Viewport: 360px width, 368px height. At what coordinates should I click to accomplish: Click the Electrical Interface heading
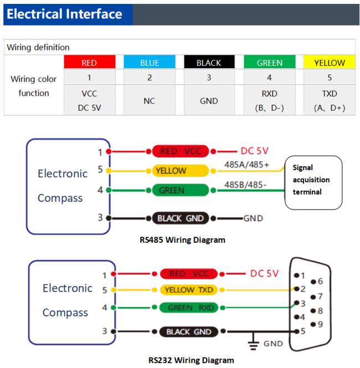pyautogui.click(x=64, y=14)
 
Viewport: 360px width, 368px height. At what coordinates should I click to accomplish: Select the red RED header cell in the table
pyautogui.click(x=90, y=62)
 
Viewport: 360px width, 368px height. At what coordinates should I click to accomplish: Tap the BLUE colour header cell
pyautogui.click(x=150, y=62)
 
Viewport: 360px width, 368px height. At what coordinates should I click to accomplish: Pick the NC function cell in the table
pyautogui.click(x=150, y=101)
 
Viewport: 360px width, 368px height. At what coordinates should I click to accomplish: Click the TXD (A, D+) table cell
pyautogui.click(x=330, y=101)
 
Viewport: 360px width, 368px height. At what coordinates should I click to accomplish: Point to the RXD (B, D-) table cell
pyautogui.click(x=270, y=101)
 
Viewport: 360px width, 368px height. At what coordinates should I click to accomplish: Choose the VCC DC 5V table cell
pyautogui.click(x=90, y=101)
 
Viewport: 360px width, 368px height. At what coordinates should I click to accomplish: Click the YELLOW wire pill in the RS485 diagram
pyautogui.click(x=181, y=171)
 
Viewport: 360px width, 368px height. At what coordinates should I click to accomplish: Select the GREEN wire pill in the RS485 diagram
pyautogui.click(x=181, y=190)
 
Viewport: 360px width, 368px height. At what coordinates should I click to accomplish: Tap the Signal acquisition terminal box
pyautogui.click(x=313, y=182)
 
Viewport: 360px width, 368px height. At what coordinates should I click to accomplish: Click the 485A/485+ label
pyautogui.click(x=246, y=165)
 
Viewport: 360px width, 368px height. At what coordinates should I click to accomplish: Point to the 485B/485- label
pyautogui.click(x=245, y=185)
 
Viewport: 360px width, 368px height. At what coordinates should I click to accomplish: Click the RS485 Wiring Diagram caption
pyautogui.click(x=182, y=240)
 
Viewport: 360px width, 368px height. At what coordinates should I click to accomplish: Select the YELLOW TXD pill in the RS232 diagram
pyautogui.click(x=189, y=290)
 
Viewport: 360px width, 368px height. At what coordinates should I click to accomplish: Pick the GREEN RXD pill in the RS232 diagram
pyautogui.click(x=189, y=308)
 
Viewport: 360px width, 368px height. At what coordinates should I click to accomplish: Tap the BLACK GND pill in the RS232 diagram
pyautogui.click(x=189, y=331)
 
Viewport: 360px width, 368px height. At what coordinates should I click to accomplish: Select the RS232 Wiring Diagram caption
pyautogui.click(x=191, y=360)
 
